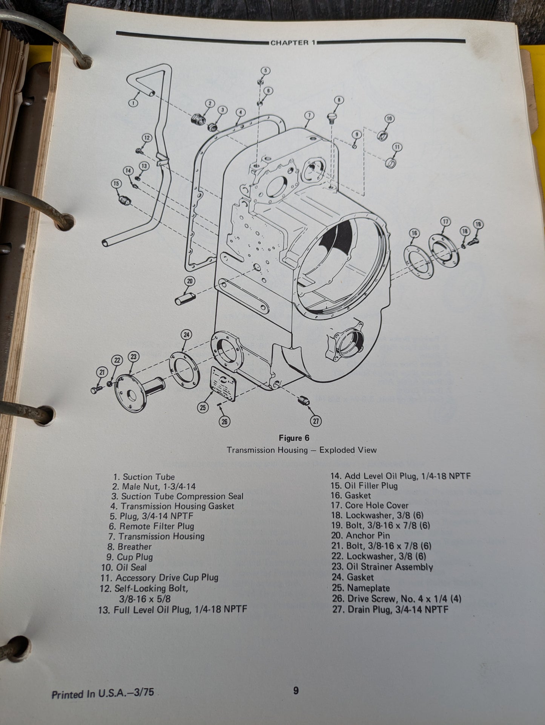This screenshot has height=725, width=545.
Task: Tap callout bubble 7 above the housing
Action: [x=309, y=115]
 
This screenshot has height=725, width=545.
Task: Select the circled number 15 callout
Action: [x=116, y=184]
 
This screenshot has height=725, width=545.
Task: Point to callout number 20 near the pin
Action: [x=190, y=281]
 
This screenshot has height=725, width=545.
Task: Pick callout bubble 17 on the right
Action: [x=445, y=222]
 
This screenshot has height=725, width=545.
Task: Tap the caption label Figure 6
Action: [x=294, y=438]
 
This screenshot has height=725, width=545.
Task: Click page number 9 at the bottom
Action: [x=296, y=690]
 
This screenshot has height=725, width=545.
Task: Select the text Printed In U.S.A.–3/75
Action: [x=103, y=693]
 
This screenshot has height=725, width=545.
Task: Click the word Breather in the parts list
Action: [x=135, y=546]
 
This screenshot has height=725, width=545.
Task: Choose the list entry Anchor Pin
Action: [x=368, y=535]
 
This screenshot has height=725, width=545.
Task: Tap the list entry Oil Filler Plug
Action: [x=371, y=486]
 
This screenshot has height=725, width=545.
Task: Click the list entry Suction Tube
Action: [x=149, y=477]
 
